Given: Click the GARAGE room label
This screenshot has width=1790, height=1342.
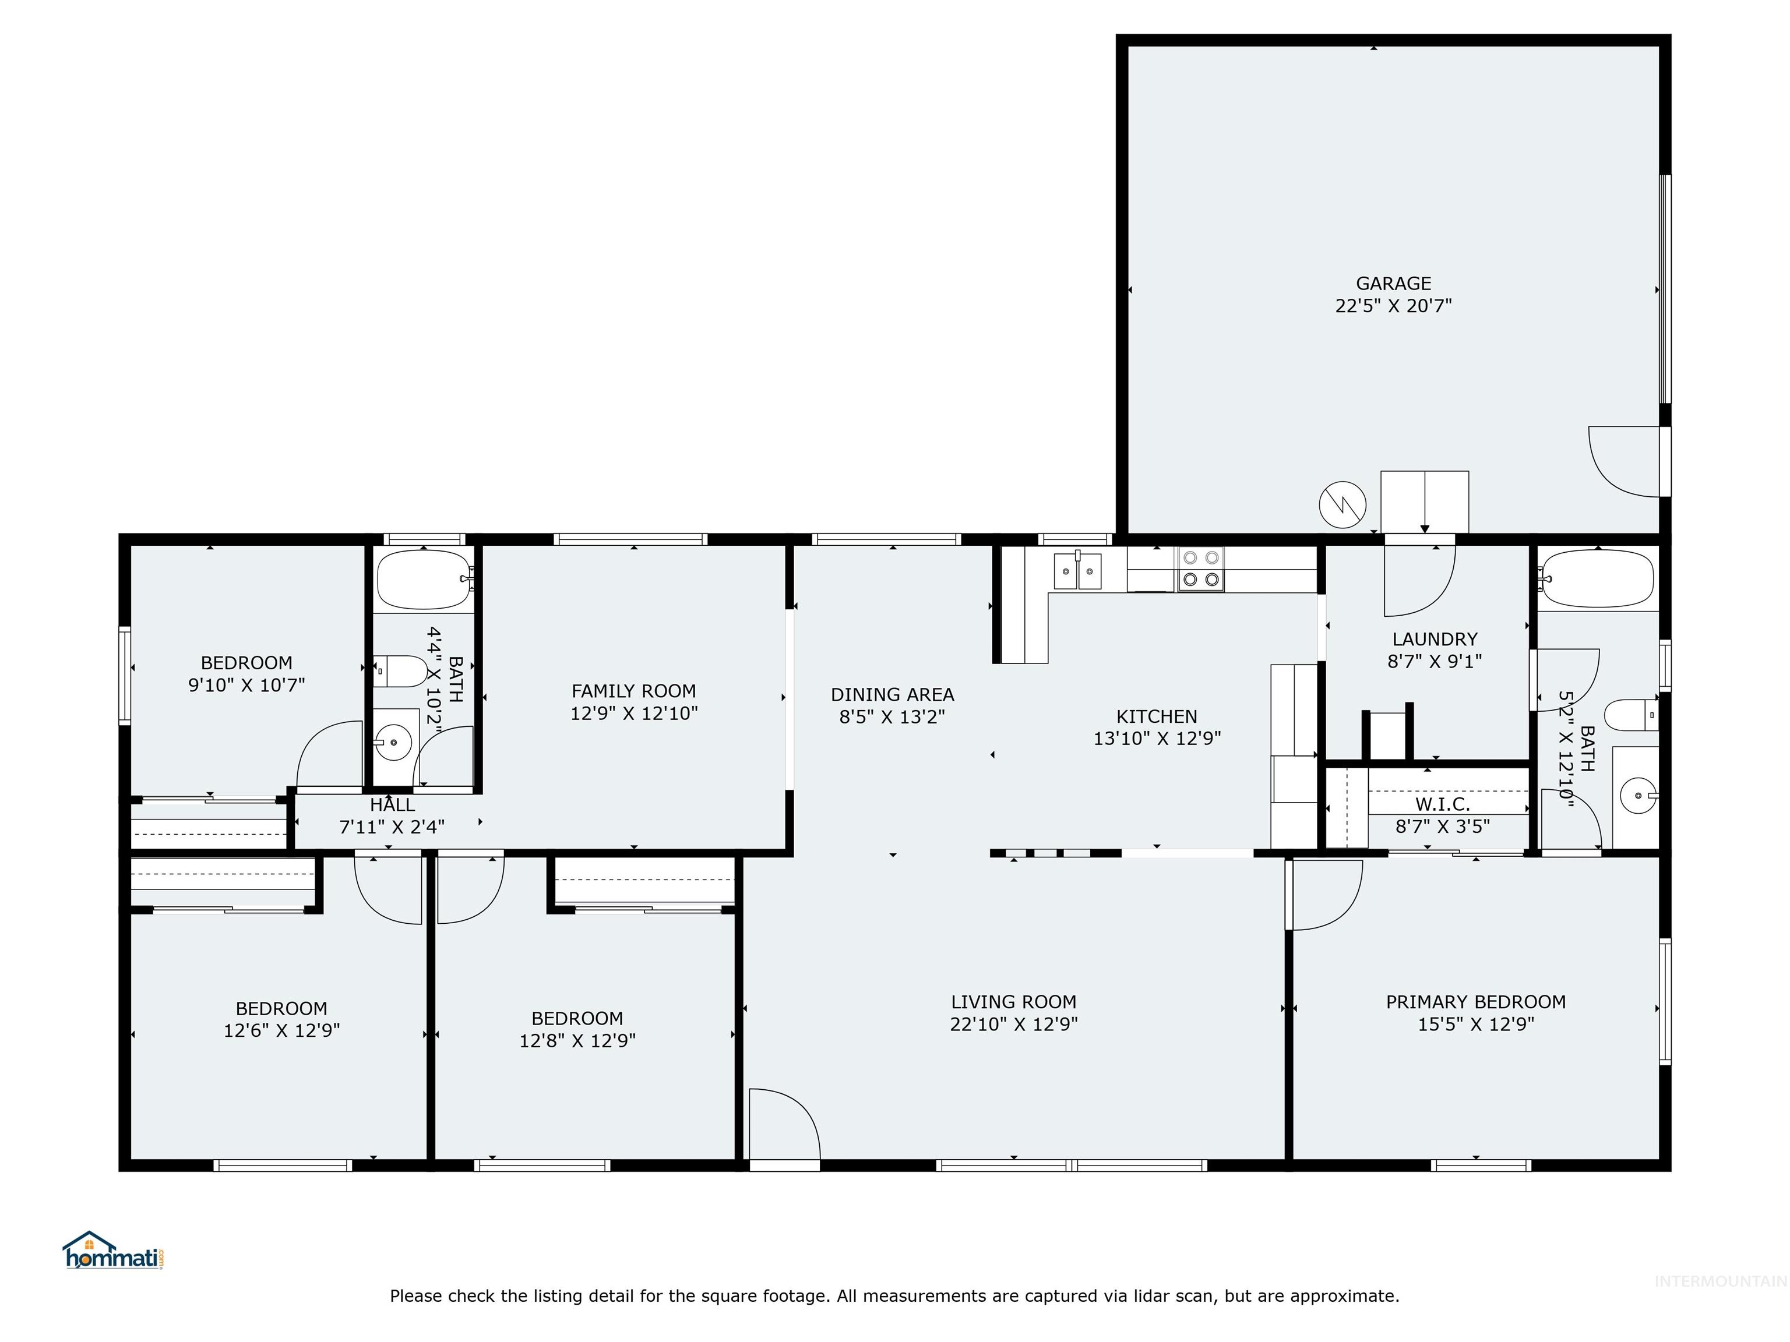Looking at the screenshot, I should tap(1393, 284).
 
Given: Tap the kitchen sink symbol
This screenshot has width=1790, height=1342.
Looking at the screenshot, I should tap(1077, 571).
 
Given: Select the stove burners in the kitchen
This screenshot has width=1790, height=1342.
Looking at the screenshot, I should tap(1201, 568).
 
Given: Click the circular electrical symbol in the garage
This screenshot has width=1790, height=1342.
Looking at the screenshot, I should tap(1342, 505).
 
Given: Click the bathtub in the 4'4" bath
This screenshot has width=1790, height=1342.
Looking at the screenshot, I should tap(423, 579).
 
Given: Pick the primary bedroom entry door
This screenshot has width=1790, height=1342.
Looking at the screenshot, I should tap(1324, 894).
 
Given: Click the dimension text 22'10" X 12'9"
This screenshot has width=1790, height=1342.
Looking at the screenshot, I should tap(1013, 1024).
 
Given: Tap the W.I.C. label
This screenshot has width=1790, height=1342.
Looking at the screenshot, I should tap(1442, 804).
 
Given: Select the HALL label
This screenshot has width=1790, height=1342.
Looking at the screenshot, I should tap(393, 805).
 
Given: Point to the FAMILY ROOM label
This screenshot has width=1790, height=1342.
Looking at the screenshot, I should tap(633, 691).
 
